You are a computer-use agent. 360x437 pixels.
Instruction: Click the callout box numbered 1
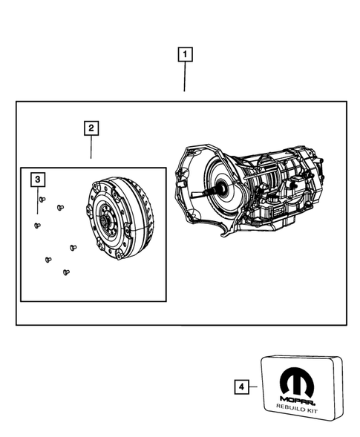click(x=184, y=54)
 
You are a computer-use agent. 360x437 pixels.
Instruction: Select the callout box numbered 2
click(x=91, y=128)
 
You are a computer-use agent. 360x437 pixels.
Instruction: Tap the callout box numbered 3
click(x=37, y=180)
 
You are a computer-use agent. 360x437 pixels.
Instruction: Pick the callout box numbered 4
click(x=240, y=387)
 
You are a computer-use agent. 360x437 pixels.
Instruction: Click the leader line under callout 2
click(x=91, y=148)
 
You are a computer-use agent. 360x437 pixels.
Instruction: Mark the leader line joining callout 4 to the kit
click(x=254, y=387)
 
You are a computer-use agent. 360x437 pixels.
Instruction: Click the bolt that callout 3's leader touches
click(x=42, y=199)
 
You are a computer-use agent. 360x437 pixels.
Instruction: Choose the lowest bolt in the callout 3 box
click(x=66, y=272)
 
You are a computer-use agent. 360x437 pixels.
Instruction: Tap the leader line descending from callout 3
click(x=37, y=192)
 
